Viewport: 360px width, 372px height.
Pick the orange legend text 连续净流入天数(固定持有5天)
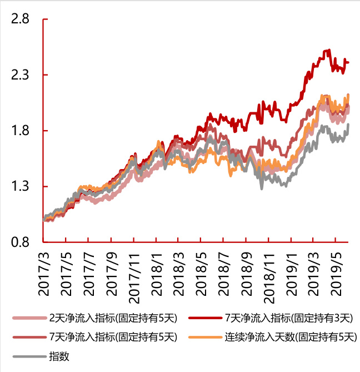click(x=289, y=337)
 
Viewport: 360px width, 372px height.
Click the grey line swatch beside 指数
click(x=28, y=356)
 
